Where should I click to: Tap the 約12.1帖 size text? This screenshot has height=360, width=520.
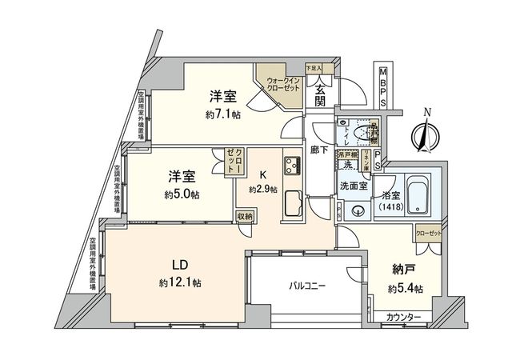point(179,282)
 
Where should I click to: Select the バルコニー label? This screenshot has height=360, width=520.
point(307,285)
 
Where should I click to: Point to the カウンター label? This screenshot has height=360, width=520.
point(404,318)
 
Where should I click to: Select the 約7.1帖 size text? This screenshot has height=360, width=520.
point(222,114)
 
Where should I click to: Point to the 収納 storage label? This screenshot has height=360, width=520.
point(245,216)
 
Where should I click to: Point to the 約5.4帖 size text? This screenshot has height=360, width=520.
point(403,287)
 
